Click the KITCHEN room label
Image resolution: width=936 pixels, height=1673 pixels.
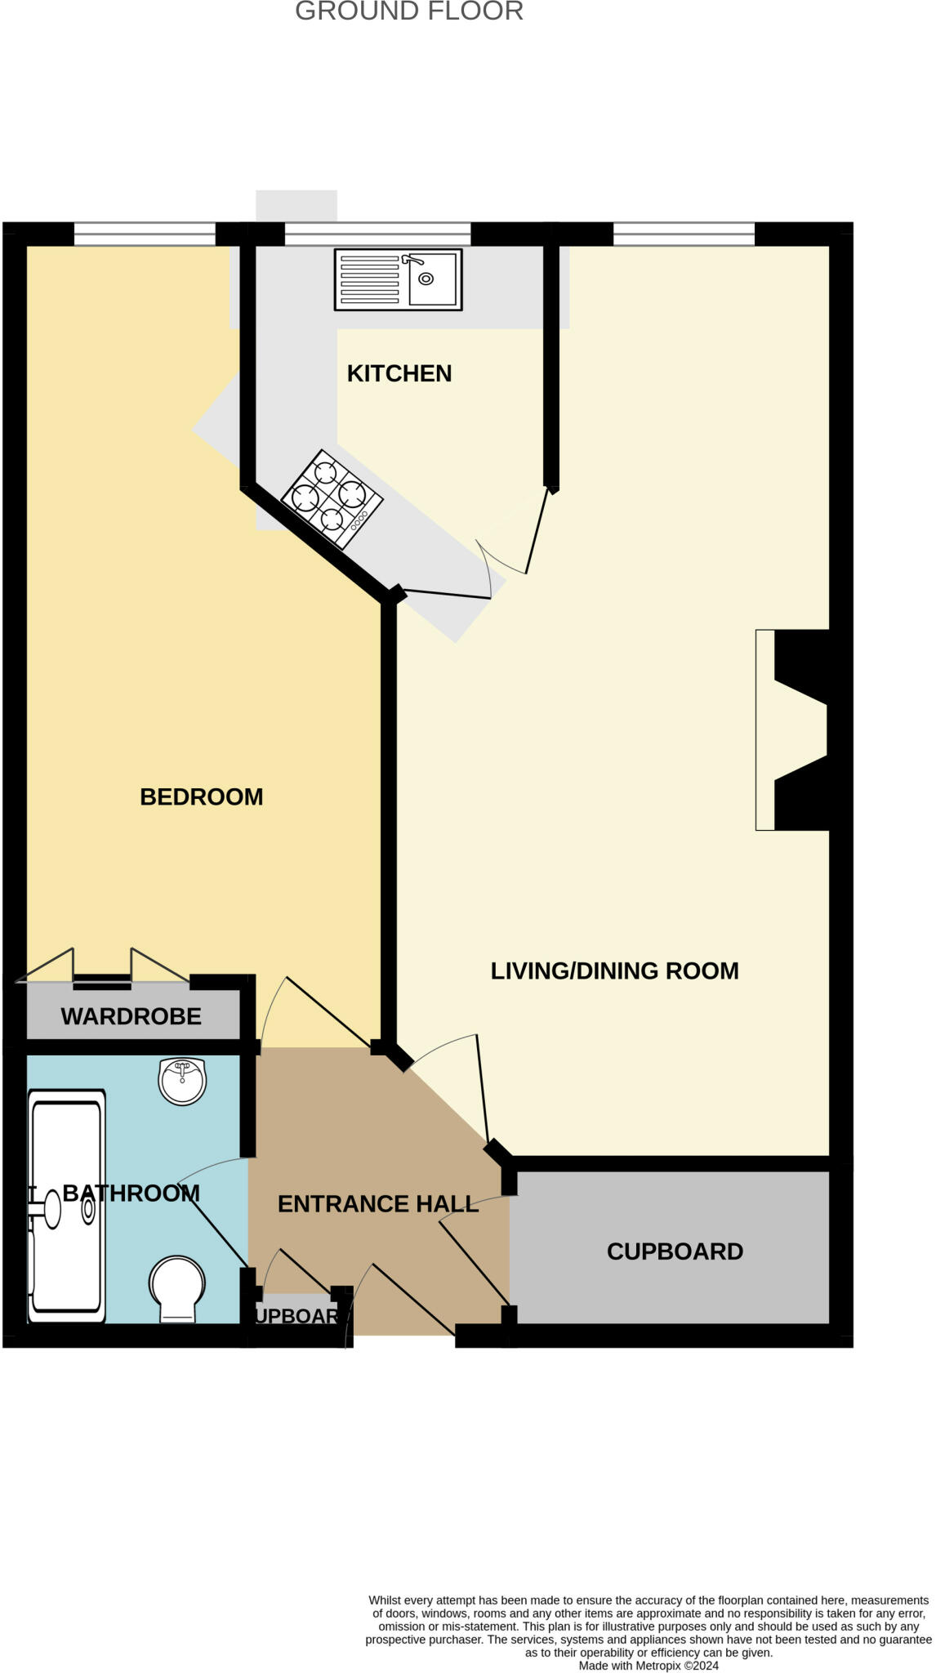[x=399, y=373]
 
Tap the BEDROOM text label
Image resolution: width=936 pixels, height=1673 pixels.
[x=201, y=796]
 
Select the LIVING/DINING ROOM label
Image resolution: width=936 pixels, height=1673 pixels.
[x=614, y=970]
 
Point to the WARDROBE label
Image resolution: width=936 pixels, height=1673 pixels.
[x=131, y=1016]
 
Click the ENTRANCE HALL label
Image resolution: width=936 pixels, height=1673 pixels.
[x=377, y=1203]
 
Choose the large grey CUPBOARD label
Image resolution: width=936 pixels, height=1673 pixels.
[x=675, y=1251]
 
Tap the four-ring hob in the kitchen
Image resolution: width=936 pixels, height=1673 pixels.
[x=332, y=498]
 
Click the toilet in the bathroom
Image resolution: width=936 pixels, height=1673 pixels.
[x=176, y=1288]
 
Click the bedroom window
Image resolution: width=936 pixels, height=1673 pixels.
[x=145, y=234]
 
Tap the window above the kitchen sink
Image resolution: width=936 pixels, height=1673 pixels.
[x=377, y=234]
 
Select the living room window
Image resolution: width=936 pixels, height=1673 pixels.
[x=684, y=234]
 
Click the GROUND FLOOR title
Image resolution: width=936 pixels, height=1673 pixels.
[x=408, y=11]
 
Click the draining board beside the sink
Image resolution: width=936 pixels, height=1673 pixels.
[x=369, y=279]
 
